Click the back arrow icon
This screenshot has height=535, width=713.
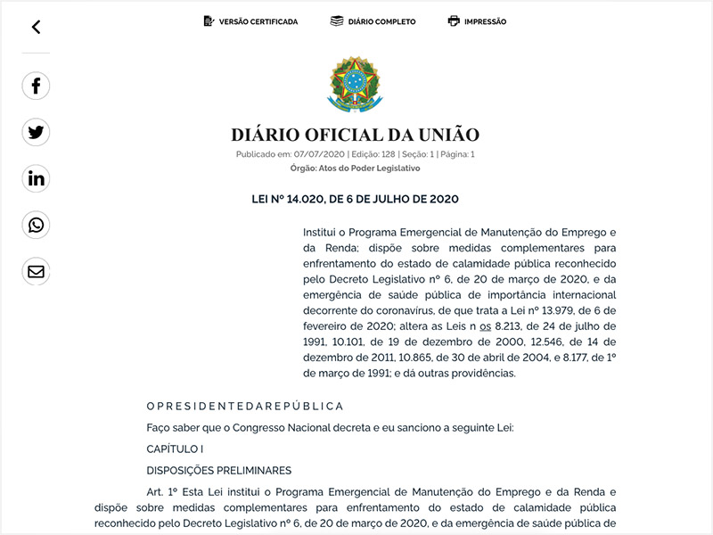coord(36,27)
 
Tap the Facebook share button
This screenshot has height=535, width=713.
coord(36,86)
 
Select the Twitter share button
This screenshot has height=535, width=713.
coord(36,133)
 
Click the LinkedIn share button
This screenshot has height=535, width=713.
coord(36,179)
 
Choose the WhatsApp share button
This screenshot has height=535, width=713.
coord(36,226)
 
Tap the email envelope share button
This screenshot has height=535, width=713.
coord(36,272)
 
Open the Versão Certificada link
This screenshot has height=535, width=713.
coord(250,21)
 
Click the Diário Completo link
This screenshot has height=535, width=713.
coord(373,21)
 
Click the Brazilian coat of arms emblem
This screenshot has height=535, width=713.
coord(355,84)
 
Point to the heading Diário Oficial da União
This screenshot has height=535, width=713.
coord(355,136)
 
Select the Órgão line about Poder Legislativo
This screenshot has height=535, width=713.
coord(355,168)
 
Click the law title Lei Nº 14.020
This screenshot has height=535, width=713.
coord(355,199)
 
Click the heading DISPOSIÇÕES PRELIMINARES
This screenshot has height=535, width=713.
coord(218,470)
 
